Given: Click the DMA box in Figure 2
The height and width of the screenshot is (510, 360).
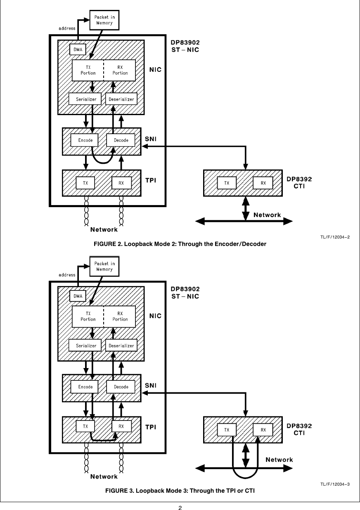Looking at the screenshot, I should point(77,50).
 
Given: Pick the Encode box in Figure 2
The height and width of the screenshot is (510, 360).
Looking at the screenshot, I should point(85,140).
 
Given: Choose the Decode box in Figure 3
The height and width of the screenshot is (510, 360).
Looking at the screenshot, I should point(121,387).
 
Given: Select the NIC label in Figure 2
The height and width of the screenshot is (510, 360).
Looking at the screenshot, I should point(155,70).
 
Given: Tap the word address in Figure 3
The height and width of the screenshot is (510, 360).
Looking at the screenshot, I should point(67,275).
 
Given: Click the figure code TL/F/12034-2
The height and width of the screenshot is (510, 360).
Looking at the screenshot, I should point(334,237).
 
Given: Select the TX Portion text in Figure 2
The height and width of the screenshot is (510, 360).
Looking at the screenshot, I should point(88,70).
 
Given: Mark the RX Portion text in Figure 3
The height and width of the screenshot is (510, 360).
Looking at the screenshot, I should point(120,316).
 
